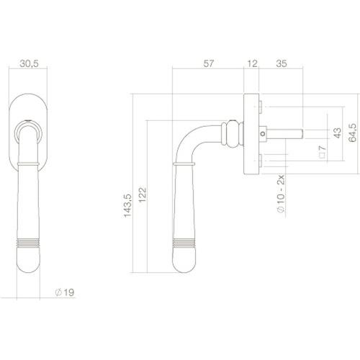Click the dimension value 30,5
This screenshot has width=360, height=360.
tap(29, 64)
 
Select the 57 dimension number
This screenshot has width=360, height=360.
tap(208, 64)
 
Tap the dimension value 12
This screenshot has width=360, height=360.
tap(251, 64)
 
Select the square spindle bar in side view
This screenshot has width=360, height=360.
tap(288, 133)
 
